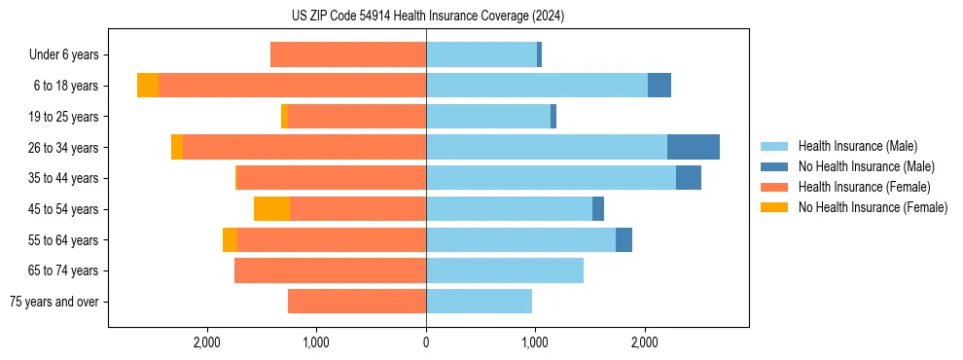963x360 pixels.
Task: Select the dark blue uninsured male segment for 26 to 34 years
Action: (693, 147)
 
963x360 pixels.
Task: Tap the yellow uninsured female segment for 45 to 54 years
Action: (271, 208)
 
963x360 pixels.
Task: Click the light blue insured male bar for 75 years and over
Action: (479, 302)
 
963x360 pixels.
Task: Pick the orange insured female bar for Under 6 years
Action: (347, 54)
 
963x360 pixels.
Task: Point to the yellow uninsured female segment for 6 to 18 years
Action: (148, 86)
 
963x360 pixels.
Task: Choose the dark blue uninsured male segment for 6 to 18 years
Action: (659, 86)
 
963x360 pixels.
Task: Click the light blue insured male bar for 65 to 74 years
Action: (504, 270)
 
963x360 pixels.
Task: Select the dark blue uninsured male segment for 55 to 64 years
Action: (624, 239)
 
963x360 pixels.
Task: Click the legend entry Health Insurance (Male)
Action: (857, 146)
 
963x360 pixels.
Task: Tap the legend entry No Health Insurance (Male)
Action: (866, 166)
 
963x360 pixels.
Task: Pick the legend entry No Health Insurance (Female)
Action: (873, 207)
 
